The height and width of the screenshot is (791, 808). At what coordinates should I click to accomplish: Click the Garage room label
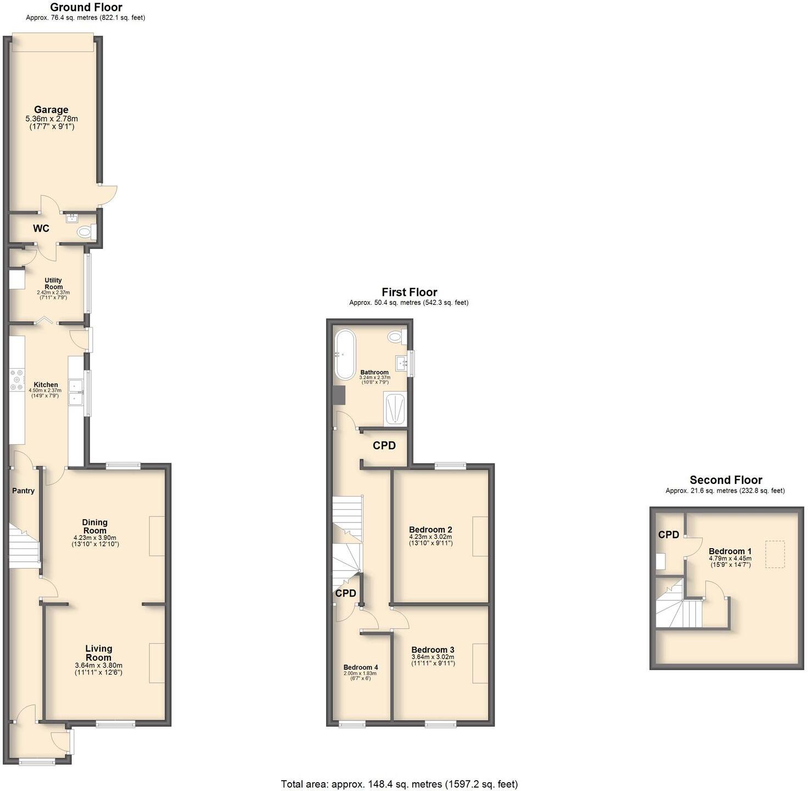pos(51,110)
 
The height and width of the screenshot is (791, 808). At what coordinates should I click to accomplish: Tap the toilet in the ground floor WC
pos(84,232)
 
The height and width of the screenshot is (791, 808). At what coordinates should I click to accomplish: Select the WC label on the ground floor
pos(41,229)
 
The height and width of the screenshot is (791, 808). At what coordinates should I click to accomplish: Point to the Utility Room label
pos(53,283)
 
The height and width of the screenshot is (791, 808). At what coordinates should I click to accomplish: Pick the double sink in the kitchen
pos(75,392)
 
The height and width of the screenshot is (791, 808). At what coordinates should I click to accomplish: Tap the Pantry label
pos(24,491)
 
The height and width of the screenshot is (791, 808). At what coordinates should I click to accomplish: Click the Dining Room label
pos(95,526)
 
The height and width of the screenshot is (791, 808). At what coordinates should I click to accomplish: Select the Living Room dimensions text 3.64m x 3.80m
pos(98,665)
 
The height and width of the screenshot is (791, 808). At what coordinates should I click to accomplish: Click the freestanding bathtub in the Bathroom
pos(345,354)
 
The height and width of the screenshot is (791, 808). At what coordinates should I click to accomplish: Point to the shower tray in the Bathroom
pos(394,409)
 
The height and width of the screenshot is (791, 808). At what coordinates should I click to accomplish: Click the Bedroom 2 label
pos(430,530)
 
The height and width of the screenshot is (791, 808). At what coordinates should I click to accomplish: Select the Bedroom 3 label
pos(433,649)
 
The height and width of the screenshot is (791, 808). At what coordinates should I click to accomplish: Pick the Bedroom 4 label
pos(361,667)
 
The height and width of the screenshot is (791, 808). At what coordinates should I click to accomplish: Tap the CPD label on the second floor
pos(669,534)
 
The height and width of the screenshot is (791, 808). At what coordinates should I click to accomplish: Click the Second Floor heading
pos(726,480)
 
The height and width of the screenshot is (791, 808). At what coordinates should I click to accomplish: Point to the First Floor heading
pos(409,292)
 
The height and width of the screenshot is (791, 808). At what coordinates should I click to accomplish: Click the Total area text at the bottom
pos(399,784)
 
